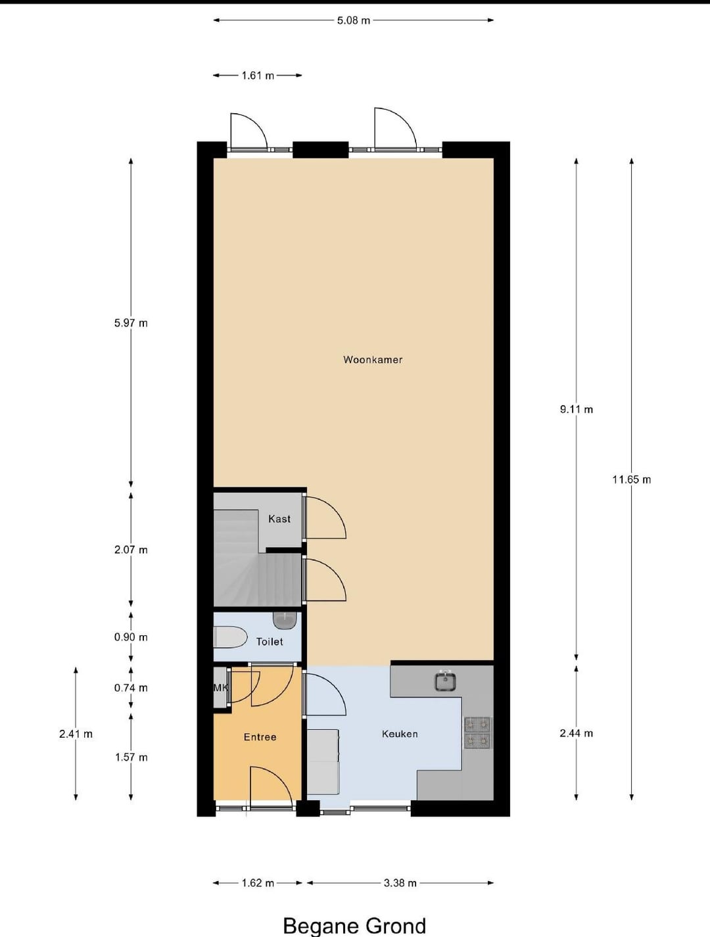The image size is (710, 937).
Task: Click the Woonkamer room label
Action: pyautogui.click(x=373, y=360)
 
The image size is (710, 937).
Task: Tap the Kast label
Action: pyautogui.click(x=279, y=519)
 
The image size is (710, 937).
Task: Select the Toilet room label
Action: pyautogui.click(x=270, y=642)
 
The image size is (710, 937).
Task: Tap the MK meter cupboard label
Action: pyautogui.click(x=221, y=688)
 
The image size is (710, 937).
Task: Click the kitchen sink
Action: pyautogui.click(x=446, y=681)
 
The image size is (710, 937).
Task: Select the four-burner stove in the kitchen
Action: pyautogui.click(x=477, y=733)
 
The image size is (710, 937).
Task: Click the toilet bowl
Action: pyautogui.click(x=230, y=637)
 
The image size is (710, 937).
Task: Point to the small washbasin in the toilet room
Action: pyautogui.click(x=285, y=620)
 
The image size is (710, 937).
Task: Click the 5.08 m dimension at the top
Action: pyautogui.click(x=353, y=20)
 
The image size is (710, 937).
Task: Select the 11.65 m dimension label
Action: pyautogui.click(x=632, y=479)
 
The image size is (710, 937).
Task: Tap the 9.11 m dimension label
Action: pyautogui.click(x=577, y=410)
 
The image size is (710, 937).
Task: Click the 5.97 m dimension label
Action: pyautogui.click(x=131, y=323)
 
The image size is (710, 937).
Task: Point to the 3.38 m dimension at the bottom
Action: pyautogui.click(x=400, y=883)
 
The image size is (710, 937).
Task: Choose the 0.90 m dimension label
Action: pyautogui.click(x=131, y=637)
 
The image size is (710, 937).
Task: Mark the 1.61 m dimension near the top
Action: pyautogui.click(x=258, y=76)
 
